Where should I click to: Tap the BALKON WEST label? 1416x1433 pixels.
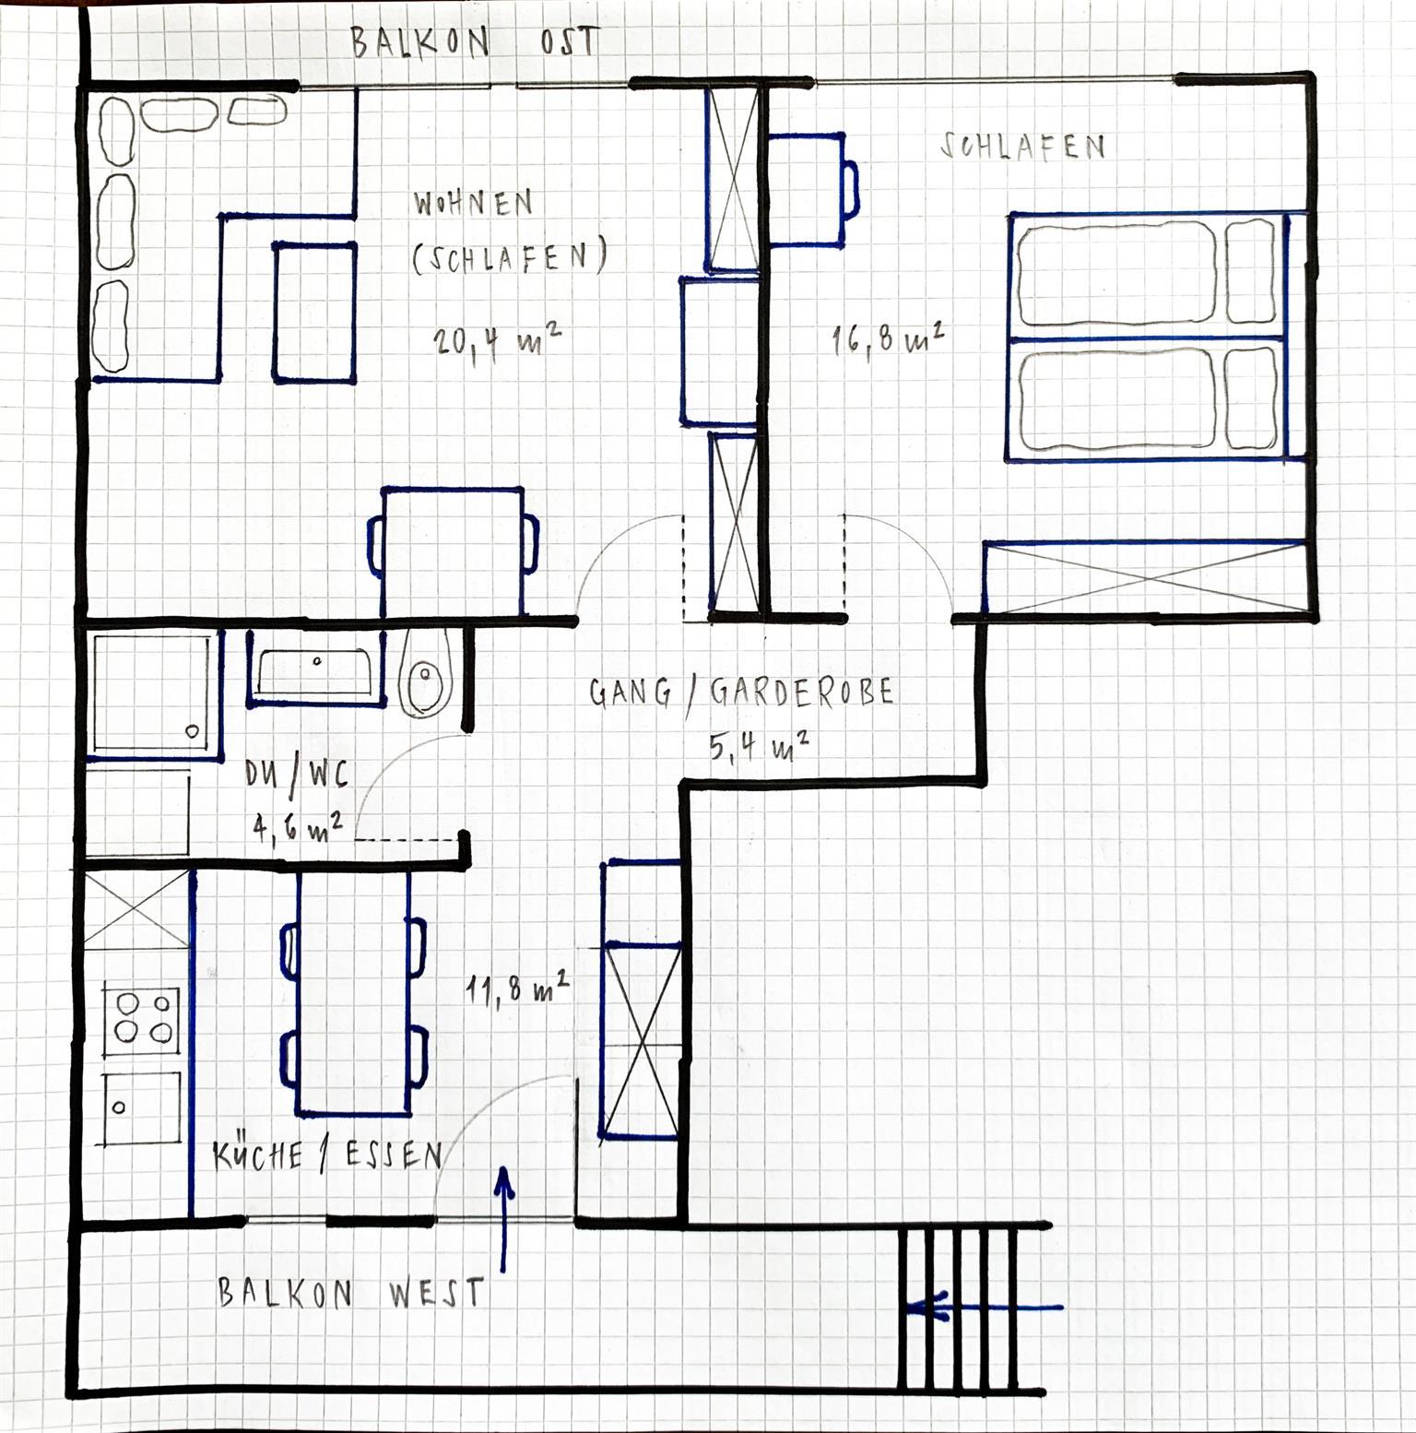[x=351, y=1293]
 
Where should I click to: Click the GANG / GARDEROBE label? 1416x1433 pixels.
[x=742, y=693]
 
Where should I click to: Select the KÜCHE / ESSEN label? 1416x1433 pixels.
[x=328, y=1155]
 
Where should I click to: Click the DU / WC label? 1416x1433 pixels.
[x=296, y=776]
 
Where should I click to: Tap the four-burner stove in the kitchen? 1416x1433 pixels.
[x=141, y=1017]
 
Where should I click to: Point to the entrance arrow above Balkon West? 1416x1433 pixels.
[x=503, y=1217]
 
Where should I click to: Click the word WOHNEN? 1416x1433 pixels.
[x=473, y=204]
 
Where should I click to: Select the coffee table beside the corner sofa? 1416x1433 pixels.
[x=314, y=312]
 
